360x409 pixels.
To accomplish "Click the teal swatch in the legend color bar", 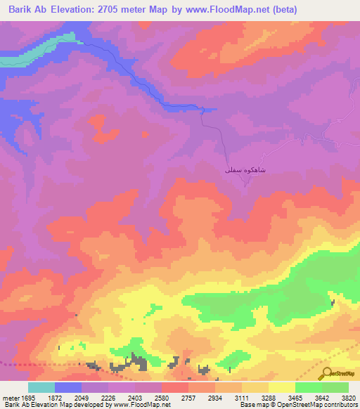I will [x=41, y=387].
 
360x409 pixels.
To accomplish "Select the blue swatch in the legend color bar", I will [x=68, y=387].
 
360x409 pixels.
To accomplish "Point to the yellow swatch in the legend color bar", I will [x=281, y=387].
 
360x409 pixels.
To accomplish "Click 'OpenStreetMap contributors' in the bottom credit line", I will [x=317, y=405].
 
